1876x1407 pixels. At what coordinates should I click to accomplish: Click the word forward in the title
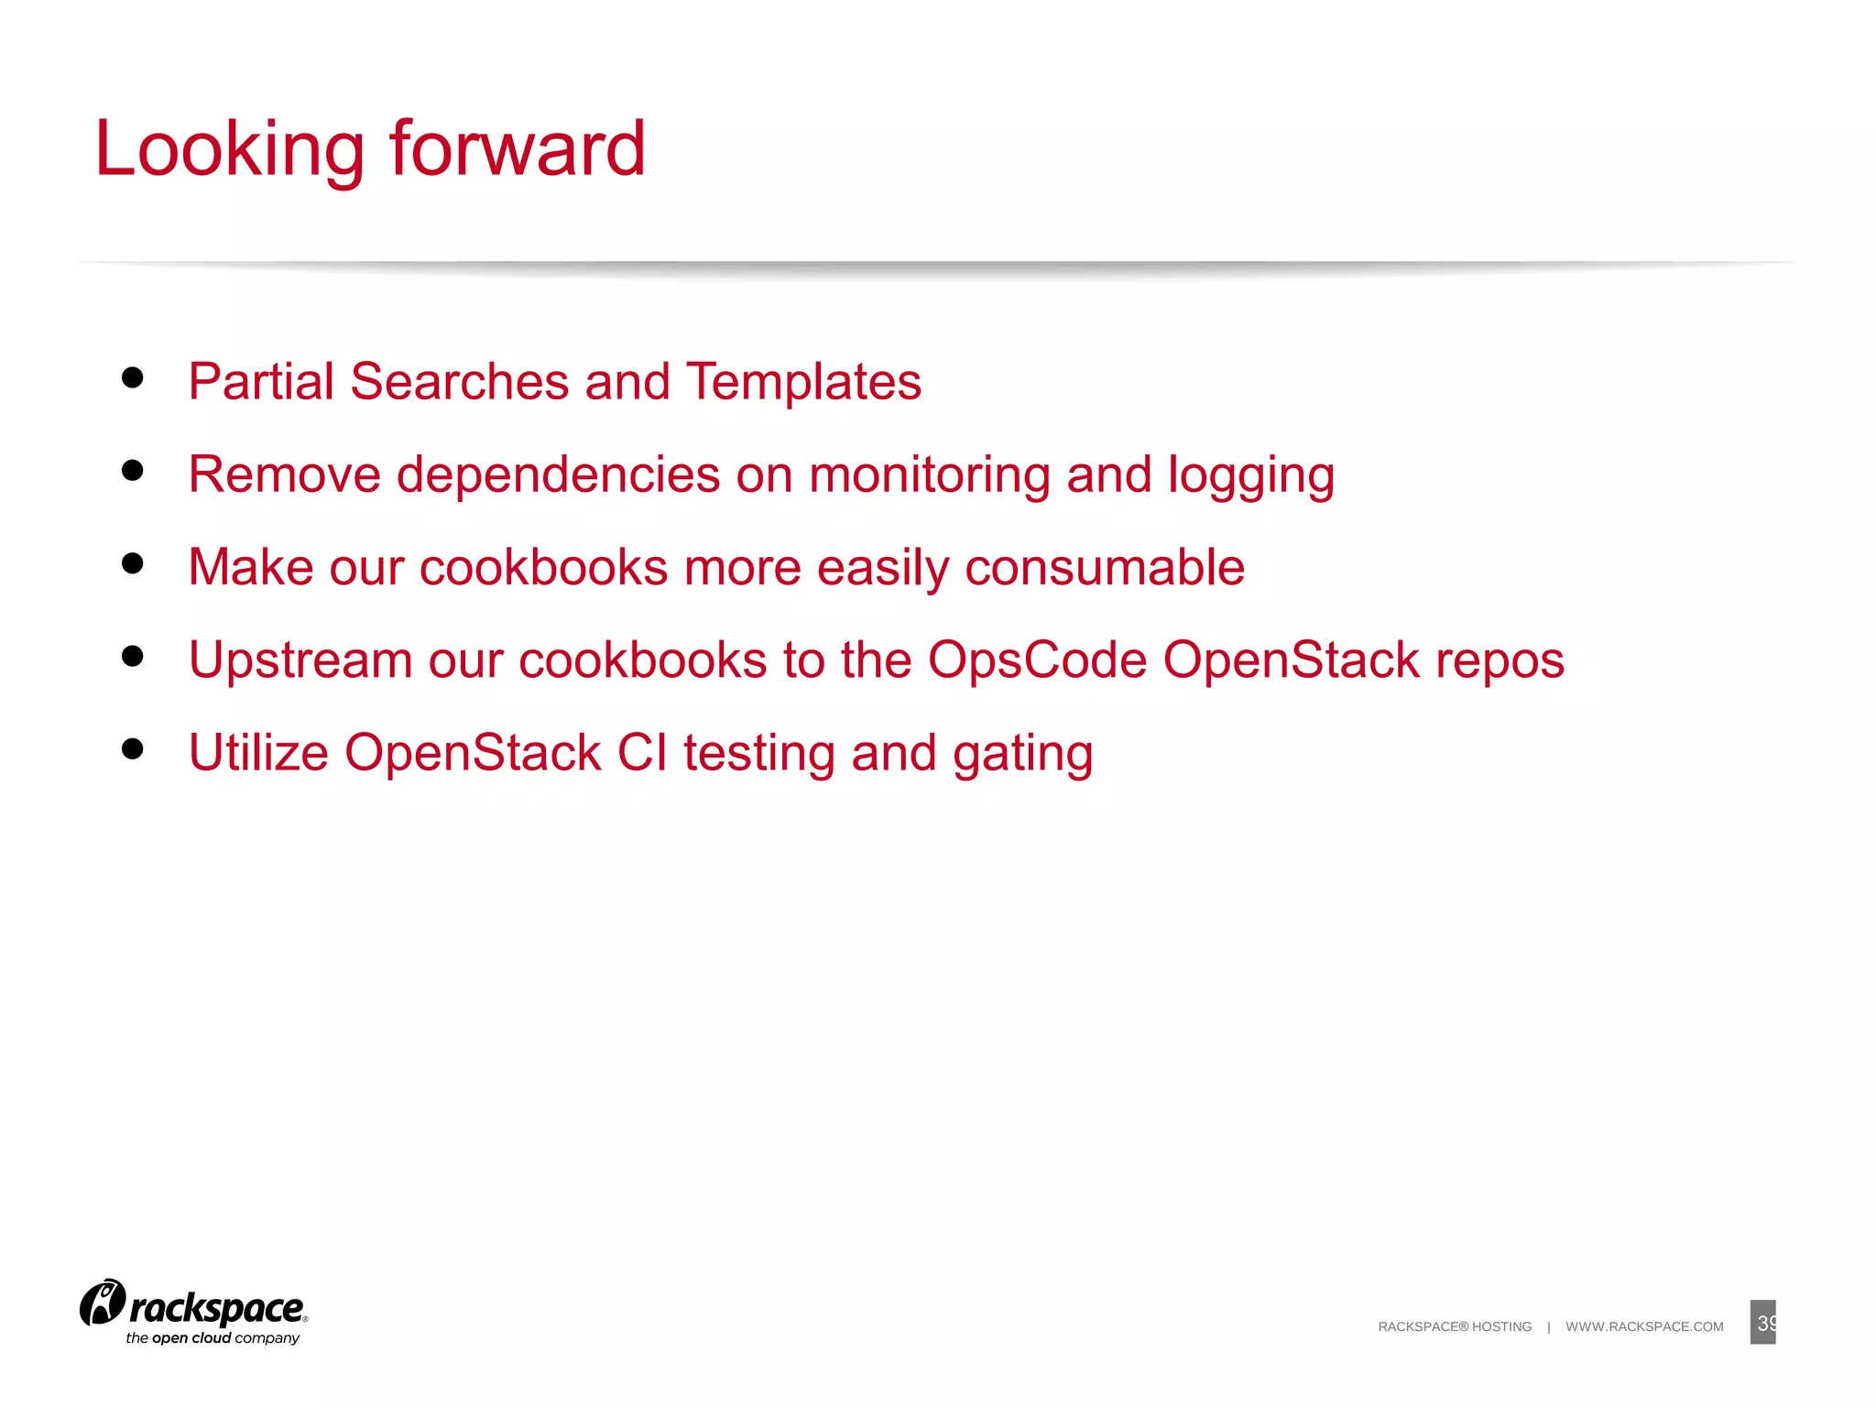[x=518, y=148]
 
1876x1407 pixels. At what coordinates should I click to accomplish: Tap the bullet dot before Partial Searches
[x=133, y=377]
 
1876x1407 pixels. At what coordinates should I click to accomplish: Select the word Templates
[x=803, y=382]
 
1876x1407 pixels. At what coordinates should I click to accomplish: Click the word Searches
[x=459, y=382]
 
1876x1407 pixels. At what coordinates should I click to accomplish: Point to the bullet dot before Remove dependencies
[x=133, y=470]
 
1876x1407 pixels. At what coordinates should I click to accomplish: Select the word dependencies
[x=558, y=476]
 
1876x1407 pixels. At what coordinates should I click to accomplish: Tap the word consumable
[x=1105, y=568]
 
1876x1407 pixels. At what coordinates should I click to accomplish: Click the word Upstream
[x=300, y=661]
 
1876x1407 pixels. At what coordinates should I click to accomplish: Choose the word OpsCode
[x=1037, y=660]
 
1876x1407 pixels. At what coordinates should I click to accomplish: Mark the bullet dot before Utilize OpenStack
[x=133, y=748]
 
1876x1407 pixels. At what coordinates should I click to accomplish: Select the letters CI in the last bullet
[x=642, y=753]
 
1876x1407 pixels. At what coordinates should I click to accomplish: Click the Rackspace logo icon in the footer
[x=103, y=1303]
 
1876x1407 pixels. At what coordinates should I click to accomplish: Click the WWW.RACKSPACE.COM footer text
[x=1644, y=1326]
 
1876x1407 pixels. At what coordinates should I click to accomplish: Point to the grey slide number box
[x=1762, y=1322]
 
